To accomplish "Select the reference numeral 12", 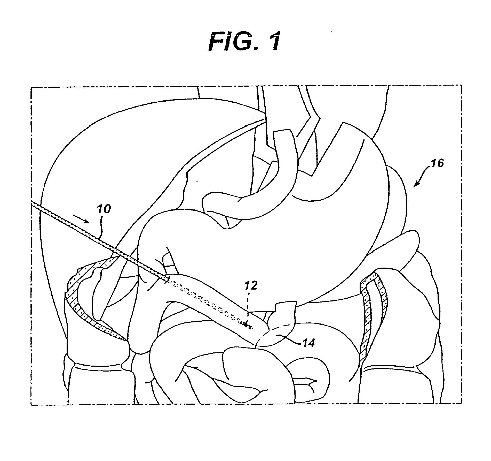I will point(251,286).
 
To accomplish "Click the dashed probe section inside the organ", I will point(207,303).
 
